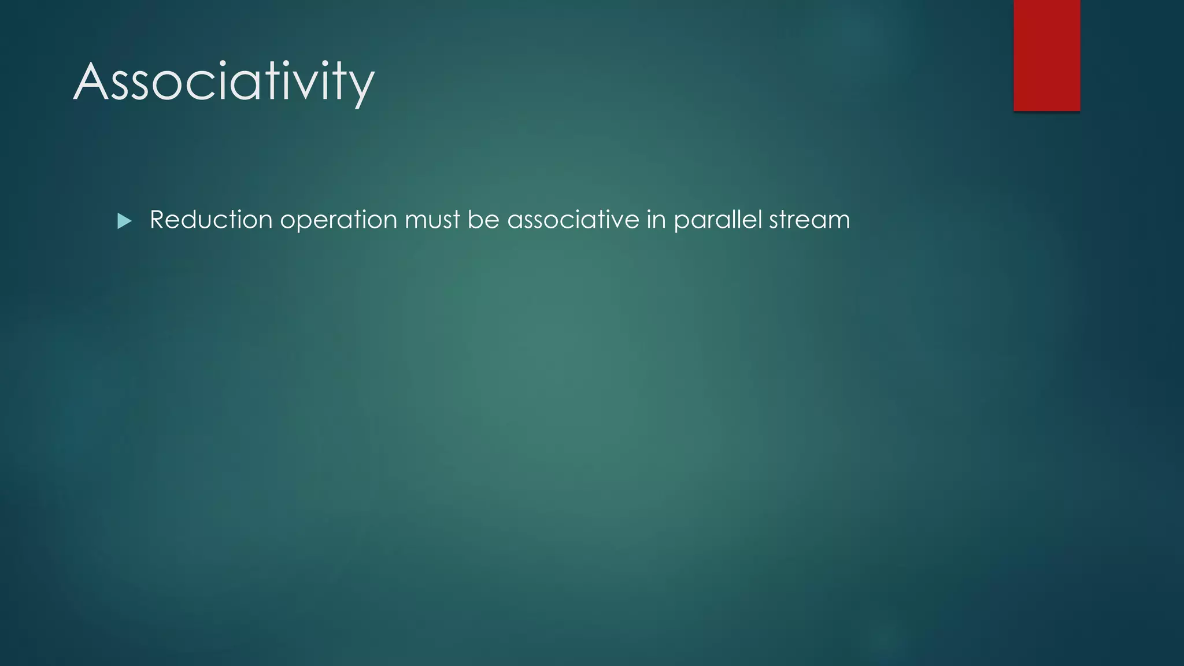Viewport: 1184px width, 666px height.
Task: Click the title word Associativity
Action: pos(224,82)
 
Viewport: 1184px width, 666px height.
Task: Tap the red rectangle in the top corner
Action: pos(1046,55)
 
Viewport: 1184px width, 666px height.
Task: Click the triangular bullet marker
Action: pos(124,221)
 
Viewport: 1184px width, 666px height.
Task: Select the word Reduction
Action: pos(211,220)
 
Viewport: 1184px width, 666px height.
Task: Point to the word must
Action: pos(432,220)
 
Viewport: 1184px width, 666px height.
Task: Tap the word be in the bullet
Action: pos(483,220)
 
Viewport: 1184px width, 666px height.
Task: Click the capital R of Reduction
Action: pos(158,220)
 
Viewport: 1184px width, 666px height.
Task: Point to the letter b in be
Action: pos(475,219)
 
